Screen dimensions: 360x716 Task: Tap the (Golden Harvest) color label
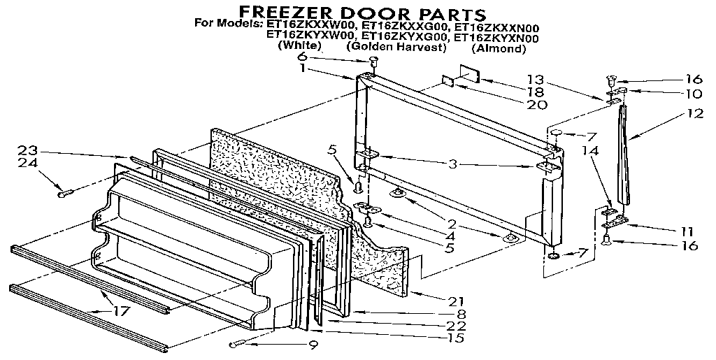pyautogui.click(x=396, y=47)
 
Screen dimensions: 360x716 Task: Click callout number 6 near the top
pyautogui.click(x=302, y=57)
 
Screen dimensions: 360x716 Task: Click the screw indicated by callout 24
pyautogui.click(x=66, y=191)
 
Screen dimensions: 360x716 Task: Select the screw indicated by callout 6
pyautogui.click(x=373, y=63)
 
